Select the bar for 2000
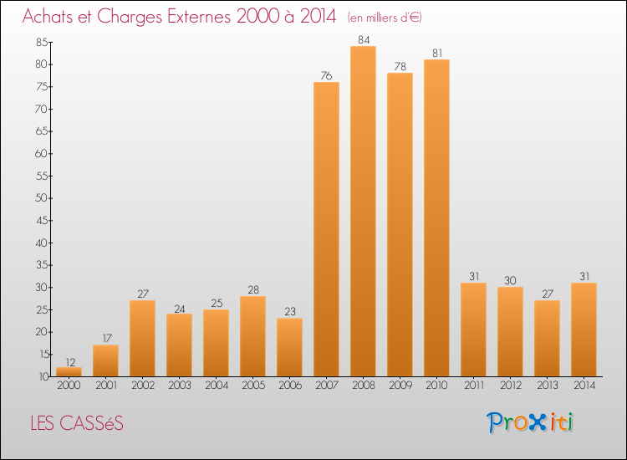[x=69, y=372]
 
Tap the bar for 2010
[x=436, y=218]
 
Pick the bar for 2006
[x=289, y=347]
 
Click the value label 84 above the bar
[x=363, y=39]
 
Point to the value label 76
[x=326, y=75]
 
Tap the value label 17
[x=105, y=338]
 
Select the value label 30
[x=510, y=280]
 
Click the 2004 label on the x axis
[x=216, y=386]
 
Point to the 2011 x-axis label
[x=473, y=386]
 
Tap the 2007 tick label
[x=326, y=386]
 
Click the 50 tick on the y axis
[x=42, y=198]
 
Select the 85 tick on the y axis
[x=42, y=42]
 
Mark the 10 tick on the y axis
[x=42, y=376]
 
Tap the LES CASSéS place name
[x=76, y=424]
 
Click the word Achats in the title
[x=51, y=18]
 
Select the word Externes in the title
[x=189, y=18]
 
